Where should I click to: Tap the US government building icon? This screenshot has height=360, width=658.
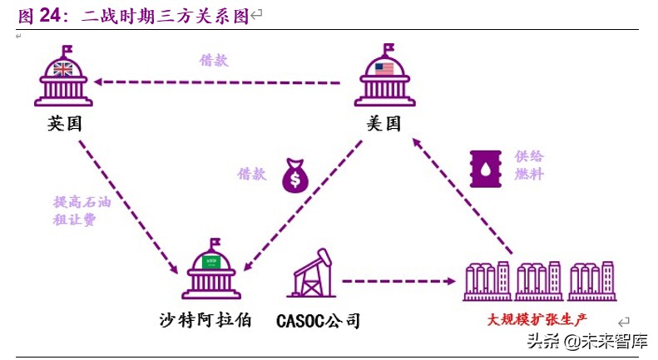click(x=383, y=77)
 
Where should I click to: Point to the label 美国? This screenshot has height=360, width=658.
click(x=383, y=124)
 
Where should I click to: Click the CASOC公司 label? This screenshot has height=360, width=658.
click(x=318, y=320)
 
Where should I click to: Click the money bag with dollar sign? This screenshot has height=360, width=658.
click(x=295, y=175)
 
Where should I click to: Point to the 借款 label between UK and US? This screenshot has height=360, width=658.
click(x=213, y=60)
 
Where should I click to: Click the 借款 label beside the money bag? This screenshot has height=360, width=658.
click(x=252, y=174)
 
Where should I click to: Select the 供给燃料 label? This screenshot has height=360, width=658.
click(x=528, y=165)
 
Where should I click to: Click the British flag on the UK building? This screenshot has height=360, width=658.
click(x=64, y=69)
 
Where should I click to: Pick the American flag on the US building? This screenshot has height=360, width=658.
click(x=383, y=69)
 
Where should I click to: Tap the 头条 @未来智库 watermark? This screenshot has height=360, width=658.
click(x=587, y=341)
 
